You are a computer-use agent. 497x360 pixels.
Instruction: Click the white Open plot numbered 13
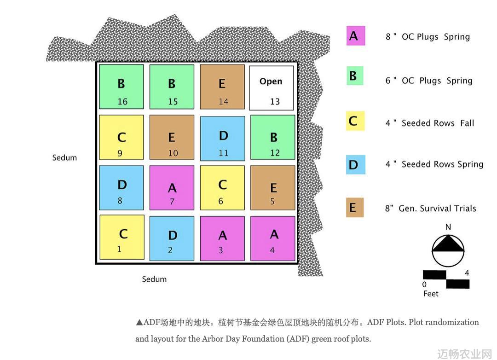[x=272, y=88]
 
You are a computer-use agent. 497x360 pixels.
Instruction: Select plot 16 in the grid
[x=121, y=87]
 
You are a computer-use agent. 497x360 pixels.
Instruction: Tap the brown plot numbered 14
[x=222, y=87]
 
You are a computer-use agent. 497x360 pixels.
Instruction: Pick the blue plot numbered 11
[x=223, y=138]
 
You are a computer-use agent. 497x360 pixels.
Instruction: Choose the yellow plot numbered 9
[x=121, y=137]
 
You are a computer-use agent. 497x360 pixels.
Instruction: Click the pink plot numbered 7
[x=172, y=188]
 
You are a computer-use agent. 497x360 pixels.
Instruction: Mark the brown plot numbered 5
[x=273, y=188]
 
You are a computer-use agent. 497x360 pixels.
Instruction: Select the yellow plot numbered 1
[x=122, y=237]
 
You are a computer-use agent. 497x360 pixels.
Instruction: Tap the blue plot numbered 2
[x=172, y=238]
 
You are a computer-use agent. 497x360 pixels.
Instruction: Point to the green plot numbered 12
[x=273, y=137]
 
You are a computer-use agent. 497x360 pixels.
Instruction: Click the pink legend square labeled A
[x=356, y=35]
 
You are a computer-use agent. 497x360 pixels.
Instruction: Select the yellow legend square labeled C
[x=355, y=121]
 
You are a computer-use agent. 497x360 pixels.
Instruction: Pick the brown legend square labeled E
[x=355, y=208]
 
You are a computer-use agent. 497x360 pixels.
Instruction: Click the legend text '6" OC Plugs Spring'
[x=429, y=81]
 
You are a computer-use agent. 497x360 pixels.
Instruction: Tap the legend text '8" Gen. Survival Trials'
[x=430, y=208]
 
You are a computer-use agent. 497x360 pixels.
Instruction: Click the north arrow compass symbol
[x=448, y=250]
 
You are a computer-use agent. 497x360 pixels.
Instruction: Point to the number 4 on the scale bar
[x=467, y=273]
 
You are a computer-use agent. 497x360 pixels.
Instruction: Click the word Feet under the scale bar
[x=431, y=294]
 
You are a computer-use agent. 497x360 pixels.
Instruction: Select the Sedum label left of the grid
[x=65, y=157]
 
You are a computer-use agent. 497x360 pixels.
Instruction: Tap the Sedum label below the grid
[x=154, y=279]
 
